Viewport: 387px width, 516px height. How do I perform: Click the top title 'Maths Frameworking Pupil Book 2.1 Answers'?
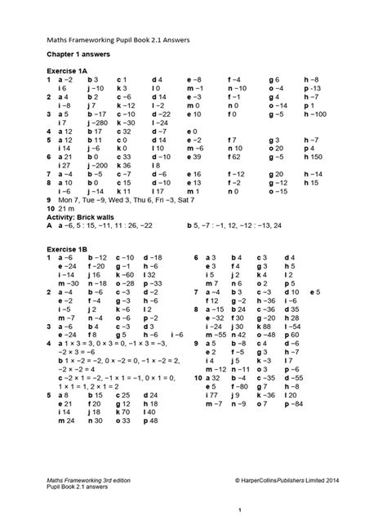coord(110,35)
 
